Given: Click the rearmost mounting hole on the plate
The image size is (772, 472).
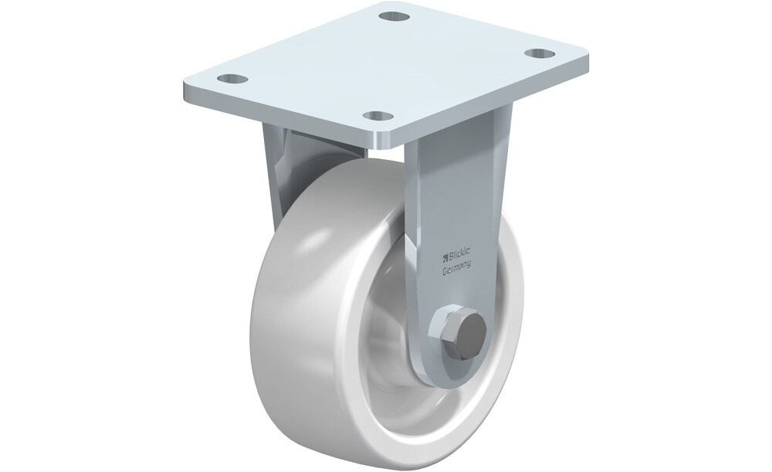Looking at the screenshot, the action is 394,17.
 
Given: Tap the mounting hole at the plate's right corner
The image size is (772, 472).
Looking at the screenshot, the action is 540,53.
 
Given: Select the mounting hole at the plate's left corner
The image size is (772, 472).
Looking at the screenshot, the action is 232,78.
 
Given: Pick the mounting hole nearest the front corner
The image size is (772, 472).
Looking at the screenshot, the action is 378,116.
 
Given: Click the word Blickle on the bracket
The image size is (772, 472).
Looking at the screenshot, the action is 459,253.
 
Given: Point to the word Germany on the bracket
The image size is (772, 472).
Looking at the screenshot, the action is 456,267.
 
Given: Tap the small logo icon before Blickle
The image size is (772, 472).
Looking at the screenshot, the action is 445,256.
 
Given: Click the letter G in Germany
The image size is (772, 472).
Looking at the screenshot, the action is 445,270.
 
